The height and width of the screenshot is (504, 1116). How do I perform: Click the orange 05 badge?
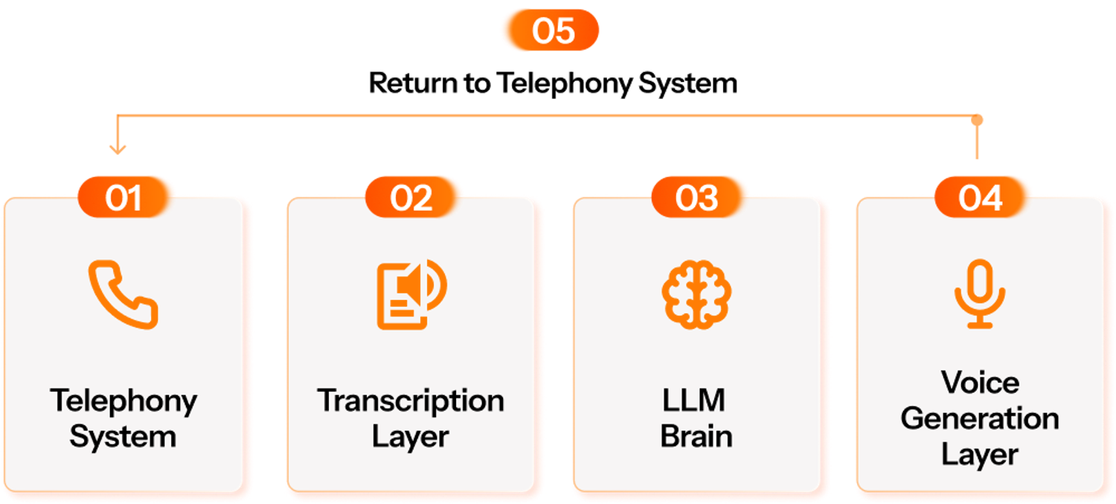click(550, 31)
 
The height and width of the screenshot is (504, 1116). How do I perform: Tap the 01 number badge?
click(124, 197)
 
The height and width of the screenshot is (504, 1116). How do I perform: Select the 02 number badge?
click(411, 197)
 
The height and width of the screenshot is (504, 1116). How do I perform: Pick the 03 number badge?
click(697, 197)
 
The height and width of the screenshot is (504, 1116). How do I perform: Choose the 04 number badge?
click(981, 197)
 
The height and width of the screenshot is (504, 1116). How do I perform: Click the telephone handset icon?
click(124, 294)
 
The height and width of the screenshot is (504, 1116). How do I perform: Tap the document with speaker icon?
click(411, 294)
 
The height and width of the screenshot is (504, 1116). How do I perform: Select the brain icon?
click(697, 293)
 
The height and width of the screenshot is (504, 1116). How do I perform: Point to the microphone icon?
click(980, 293)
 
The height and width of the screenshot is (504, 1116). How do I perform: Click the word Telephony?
click(124, 402)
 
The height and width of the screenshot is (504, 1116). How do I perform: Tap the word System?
click(124, 436)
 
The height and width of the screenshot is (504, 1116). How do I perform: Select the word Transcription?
click(411, 402)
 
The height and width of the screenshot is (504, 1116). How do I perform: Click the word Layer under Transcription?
click(411, 436)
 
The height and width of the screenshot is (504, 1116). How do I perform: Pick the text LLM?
click(694, 401)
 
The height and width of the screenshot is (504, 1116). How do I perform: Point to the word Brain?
click(696, 436)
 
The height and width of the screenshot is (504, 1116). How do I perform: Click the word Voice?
click(980, 383)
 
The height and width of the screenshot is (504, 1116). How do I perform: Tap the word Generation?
click(980, 418)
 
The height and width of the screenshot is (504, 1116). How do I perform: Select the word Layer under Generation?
click(980, 453)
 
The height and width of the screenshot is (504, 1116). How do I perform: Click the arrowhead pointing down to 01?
click(118, 150)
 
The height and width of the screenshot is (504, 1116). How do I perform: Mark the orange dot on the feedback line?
click(978, 119)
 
